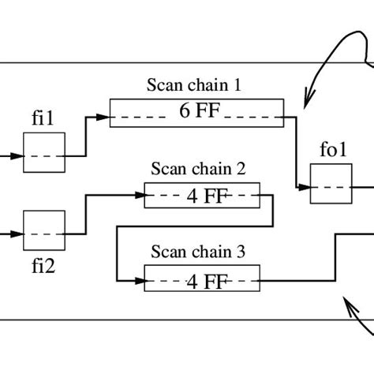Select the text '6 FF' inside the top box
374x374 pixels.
(196, 111)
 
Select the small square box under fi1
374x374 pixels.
(43, 152)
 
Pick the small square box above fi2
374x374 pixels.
(43, 230)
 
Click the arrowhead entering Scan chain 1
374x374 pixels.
(103, 118)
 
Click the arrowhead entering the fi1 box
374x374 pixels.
(17, 155)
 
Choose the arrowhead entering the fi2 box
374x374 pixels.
(17, 234)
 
